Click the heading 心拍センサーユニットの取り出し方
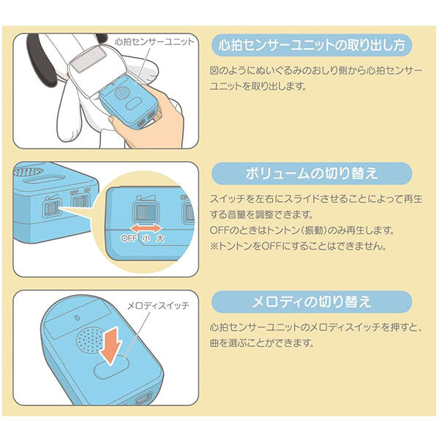[312, 45]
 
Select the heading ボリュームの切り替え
[312, 173]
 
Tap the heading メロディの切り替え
[312, 301]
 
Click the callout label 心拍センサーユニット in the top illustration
[154, 42]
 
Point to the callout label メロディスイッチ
[159, 306]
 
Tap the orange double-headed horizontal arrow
[146, 228]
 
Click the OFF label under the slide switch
[129, 239]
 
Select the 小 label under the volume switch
[146, 239]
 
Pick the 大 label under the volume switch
[160, 239]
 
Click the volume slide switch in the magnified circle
[146, 212]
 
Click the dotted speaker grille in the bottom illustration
[90, 341]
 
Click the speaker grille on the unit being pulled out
[122, 92]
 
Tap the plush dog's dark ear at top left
[42, 59]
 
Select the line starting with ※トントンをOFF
[299, 247]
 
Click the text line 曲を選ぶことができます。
[262, 343]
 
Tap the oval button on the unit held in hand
[135, 104]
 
